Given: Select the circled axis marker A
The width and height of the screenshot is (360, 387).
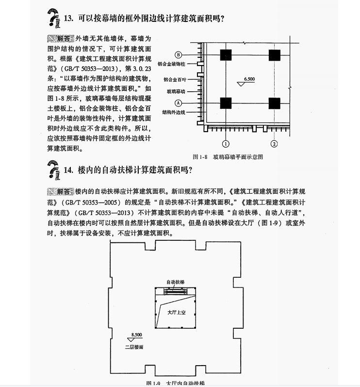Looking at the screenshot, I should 178,103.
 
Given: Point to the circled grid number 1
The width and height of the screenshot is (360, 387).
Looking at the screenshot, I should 226,143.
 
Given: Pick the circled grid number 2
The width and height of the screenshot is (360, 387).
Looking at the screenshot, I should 274,143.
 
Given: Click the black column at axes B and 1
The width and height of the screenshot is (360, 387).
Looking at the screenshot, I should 226,54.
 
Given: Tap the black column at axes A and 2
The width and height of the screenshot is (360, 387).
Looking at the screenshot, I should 274,103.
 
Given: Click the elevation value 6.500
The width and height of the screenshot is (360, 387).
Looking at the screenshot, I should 249,79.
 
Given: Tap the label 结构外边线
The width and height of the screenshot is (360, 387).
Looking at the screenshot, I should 177,112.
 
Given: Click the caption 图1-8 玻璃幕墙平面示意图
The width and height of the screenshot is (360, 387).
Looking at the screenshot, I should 228,157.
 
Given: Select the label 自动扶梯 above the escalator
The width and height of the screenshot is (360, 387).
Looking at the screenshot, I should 175,282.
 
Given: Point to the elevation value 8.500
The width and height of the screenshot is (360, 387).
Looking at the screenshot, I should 136,335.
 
